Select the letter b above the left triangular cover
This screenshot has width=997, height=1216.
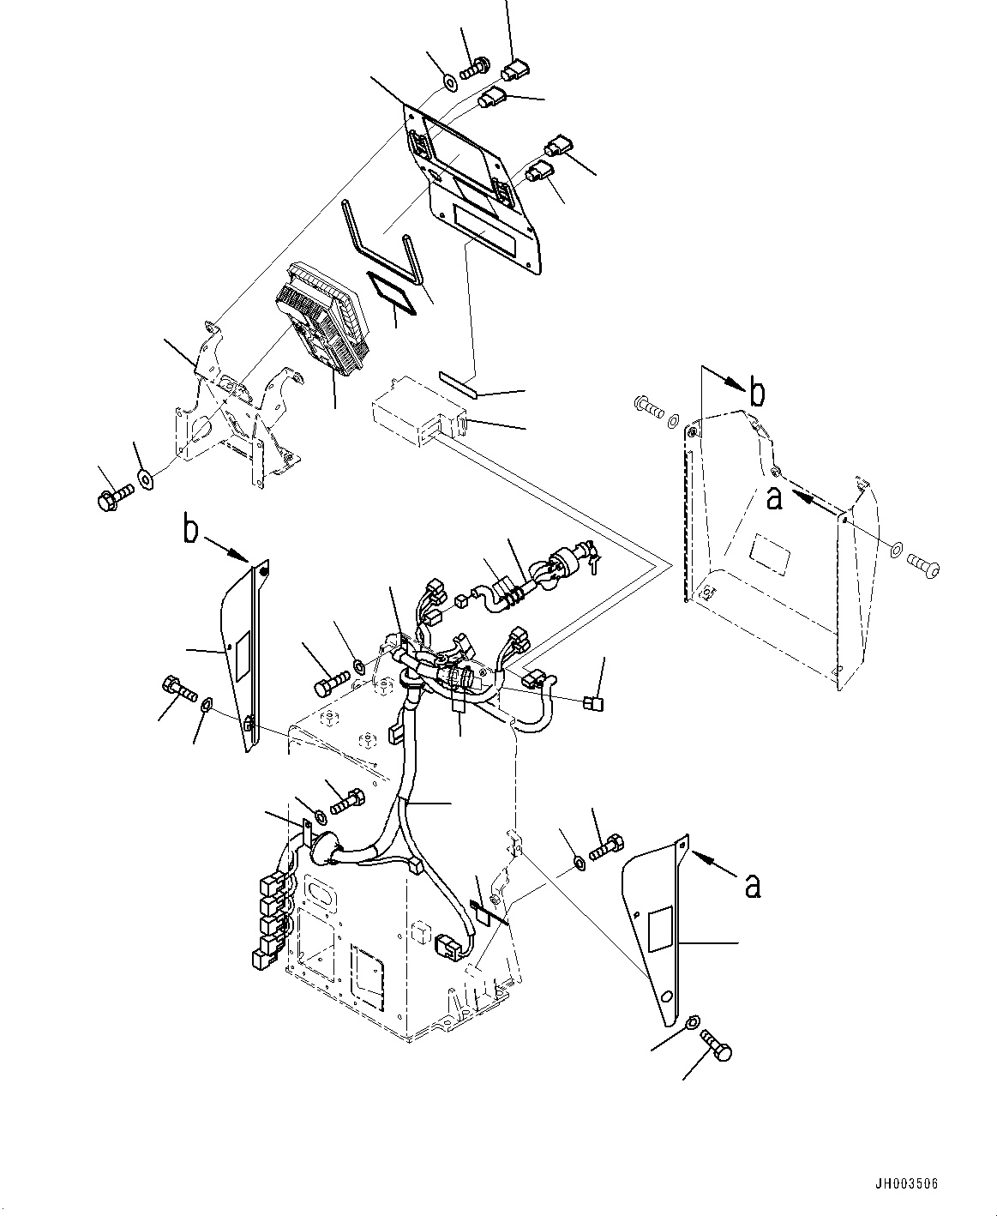click(x=190, y=530)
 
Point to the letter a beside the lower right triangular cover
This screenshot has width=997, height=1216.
click(x=752, y=886)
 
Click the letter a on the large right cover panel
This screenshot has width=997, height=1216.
click(x=773, y=498)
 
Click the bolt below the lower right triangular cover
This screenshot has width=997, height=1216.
click(x=717, y=1046)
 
